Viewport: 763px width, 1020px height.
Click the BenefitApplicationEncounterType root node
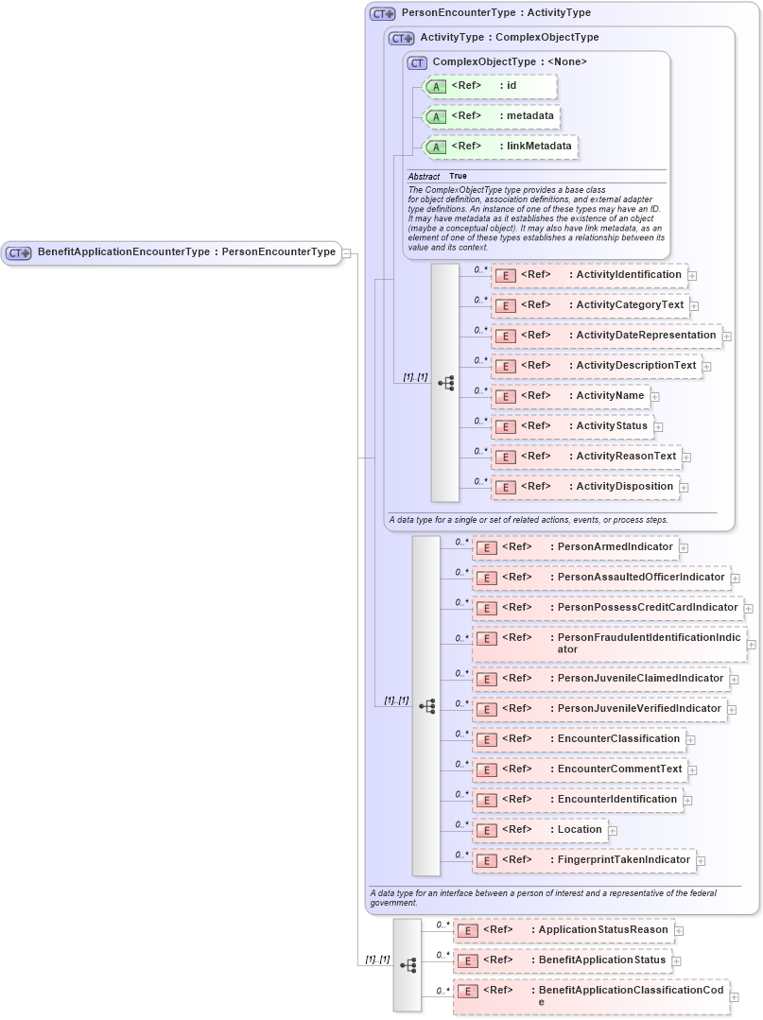pos(171,252)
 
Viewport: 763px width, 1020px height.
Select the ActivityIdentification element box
pos(589,275)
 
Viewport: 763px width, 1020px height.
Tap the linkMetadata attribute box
pos(500,147)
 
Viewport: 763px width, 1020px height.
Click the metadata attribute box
pos(491,116)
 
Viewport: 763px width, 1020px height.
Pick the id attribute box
pos(489,86)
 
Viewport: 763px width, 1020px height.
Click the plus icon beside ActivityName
pos(654,397)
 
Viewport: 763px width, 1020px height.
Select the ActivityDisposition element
pos(585,487)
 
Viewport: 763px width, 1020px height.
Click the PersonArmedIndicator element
pos(574,547)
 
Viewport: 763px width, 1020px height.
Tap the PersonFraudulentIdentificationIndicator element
pos(609,644)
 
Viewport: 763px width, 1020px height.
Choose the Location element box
pos(538,830)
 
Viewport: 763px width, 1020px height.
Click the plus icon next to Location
pos(613,831)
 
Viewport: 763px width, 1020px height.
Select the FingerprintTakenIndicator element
pos(583,860)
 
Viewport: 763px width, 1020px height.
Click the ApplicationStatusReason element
pos(564,930)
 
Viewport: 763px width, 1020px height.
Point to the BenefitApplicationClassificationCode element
pos(591,996)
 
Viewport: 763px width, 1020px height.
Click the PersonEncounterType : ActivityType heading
pos(495,13)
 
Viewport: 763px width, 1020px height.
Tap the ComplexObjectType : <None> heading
pos(509,62)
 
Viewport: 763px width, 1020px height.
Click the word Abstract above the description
pos(424,177)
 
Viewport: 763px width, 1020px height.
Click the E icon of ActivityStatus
pos(506,426)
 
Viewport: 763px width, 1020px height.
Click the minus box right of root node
pos(347,252)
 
